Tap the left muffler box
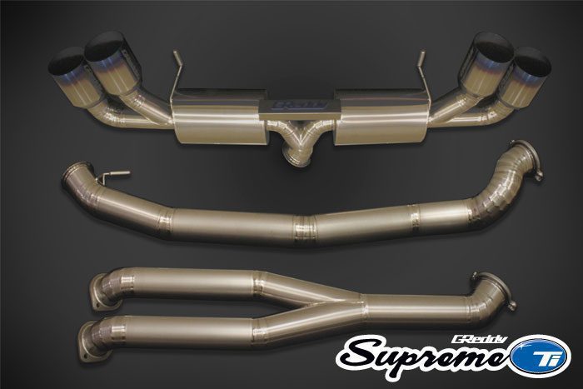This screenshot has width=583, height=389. [x=219, y=116]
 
